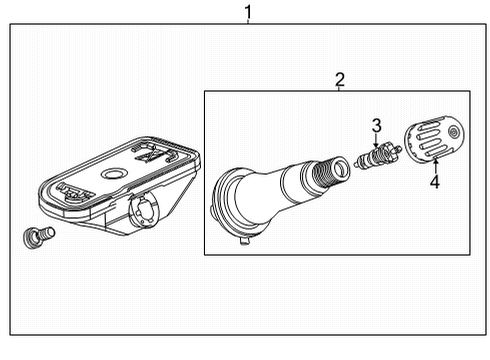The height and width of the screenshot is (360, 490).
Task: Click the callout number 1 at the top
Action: [248, 11]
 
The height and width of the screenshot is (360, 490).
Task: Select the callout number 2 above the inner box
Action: [339, 79]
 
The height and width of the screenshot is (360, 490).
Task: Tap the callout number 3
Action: [376, 125]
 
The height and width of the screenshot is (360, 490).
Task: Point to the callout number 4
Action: [434, 182]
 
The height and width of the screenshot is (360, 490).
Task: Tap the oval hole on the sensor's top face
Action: [115, 174]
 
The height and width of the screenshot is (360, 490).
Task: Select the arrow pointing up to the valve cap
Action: [434, 164]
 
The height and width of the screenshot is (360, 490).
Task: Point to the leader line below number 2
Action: [339, 89]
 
